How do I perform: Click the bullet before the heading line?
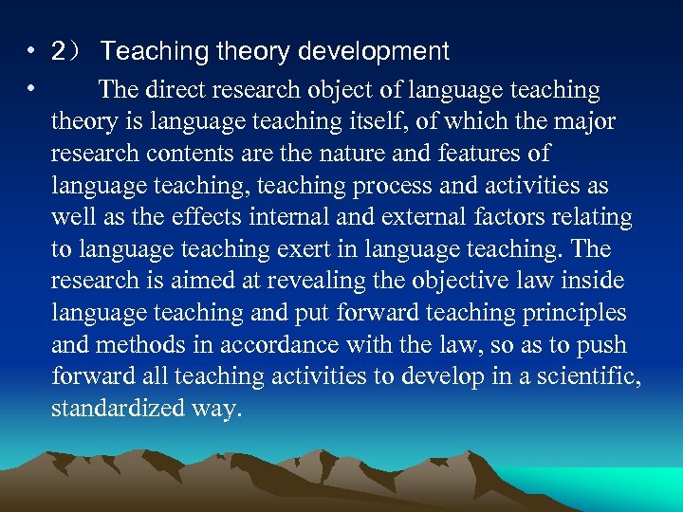[31, 50]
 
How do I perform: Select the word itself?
[378, 122]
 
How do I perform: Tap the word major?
[584, 122]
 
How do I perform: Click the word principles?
[571, 313]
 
